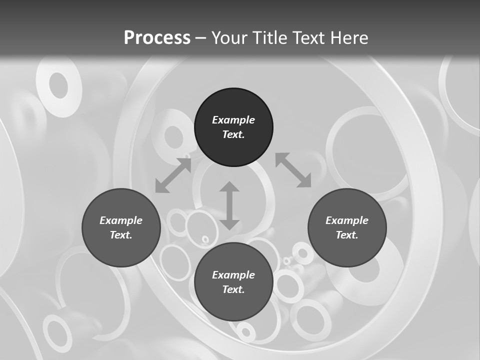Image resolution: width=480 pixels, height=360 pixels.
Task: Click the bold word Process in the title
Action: tap(157, 37)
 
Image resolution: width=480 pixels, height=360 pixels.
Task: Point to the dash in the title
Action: tap(200, 38)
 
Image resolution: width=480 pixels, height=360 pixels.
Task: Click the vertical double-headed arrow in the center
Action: tap(229, 205)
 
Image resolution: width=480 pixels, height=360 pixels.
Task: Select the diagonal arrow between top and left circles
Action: tap(173, 175)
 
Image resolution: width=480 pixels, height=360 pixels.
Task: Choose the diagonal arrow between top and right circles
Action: tap(293, 170)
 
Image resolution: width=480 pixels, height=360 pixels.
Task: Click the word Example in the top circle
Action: tap(233, 120)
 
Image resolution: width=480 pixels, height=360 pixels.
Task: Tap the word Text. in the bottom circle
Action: tap(233, 289)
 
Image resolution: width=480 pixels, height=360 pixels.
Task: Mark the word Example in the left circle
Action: tap(121, 220)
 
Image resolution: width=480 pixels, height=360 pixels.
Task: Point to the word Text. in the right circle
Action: tap(347, 235)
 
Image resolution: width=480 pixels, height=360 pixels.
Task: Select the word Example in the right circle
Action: tap(347, 220)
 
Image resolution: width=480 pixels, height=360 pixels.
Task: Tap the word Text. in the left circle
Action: tap(121, 235)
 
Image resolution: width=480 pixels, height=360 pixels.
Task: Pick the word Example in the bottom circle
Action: tap(233, 275)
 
